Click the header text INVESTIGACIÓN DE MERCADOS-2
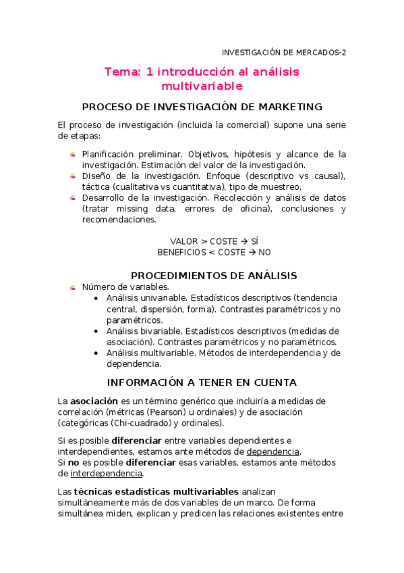(x=284, y=52)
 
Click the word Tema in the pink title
(x=121, y=72)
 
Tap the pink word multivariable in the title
(x=202, y=86)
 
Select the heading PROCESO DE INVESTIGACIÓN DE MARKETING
(x=202, y=107)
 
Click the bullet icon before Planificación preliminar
(x=72, y=154)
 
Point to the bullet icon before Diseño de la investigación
(x=72, y=176)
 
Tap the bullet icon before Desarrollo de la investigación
(x=72, y=197)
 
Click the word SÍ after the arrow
(x=254, y=241)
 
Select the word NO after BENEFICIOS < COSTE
(x=264, y=252)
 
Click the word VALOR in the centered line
(x=184, y=241)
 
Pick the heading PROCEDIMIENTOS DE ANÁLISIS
(x=214, y=275)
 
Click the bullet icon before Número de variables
(x=72, y=286)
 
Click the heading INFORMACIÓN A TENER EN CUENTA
(x=202, y=382)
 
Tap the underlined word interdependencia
(x=107, y=473)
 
